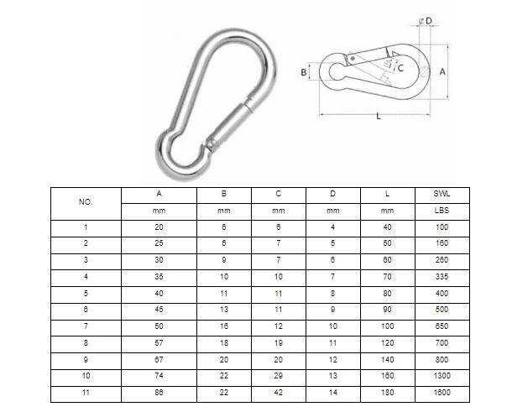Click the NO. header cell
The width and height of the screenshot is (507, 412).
coord(86,203)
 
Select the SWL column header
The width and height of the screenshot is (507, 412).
coord(442,194)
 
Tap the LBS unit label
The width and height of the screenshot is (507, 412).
coord(442,211)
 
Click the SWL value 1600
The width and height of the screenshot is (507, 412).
coord(442,393)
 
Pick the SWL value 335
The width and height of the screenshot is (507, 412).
coord(442,276)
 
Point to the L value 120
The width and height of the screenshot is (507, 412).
coord(387,343)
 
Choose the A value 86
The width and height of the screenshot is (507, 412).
coord(159,393)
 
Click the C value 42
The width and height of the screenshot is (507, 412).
coord(278,393)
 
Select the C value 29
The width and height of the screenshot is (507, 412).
coord(278,376)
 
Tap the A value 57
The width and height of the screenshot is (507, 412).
coord(159,343)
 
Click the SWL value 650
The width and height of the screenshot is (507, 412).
coord(442,326)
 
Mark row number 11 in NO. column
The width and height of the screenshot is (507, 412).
coord(86,393)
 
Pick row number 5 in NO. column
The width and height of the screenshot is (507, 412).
coord(86,293)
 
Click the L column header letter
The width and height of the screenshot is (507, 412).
coord(387,194)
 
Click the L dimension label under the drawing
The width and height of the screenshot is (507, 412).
coord(379,117)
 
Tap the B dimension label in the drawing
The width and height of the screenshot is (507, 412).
coord(304,73)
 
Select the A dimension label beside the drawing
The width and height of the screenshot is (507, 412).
coord(442,72)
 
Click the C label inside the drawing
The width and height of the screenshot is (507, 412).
coord(400,67)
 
